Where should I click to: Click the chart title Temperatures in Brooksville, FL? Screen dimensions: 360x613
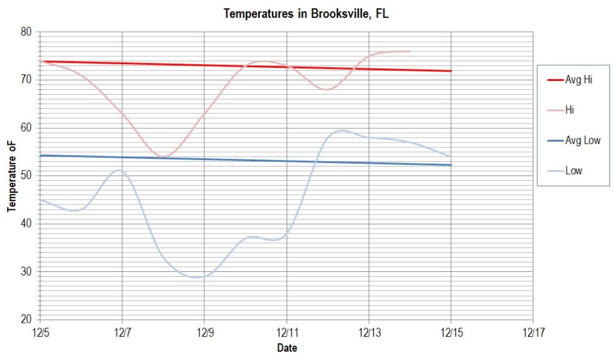pos(306,14)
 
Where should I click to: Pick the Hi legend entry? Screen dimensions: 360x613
pos(570,110)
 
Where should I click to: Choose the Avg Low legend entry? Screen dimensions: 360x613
pos(582,141)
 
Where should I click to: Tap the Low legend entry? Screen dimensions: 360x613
pos(573,171)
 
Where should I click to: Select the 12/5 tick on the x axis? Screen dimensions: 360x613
pos(40,331)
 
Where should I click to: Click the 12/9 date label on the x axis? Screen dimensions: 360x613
pos(204,331)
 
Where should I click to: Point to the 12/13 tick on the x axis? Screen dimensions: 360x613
pos(369,331)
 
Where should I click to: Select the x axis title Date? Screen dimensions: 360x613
pos(287,347)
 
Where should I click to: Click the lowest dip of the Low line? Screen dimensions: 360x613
pos(198,277)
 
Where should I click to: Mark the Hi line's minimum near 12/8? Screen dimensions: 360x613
pos(163,156)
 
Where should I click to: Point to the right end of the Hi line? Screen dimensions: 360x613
pos(410,52)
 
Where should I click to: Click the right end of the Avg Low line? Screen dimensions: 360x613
pos(451,165)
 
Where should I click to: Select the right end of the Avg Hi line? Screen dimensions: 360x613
pos(451,71)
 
